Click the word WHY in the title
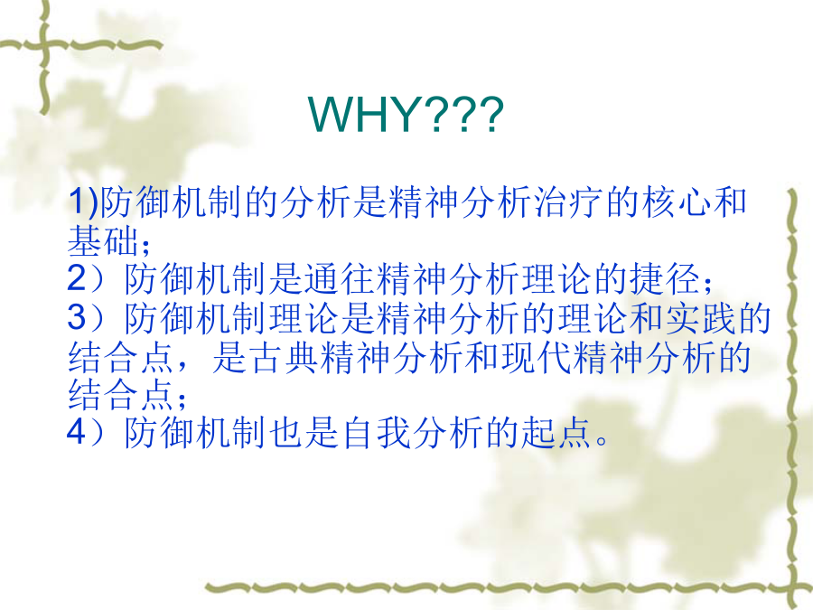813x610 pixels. [362, 114]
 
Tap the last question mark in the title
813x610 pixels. [491, 114]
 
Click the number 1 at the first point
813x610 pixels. [78, 202]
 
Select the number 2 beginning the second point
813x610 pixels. [78, 278]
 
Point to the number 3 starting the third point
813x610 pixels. [78, 317]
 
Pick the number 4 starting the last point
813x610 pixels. [77, 432]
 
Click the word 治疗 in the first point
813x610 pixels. [568, 202]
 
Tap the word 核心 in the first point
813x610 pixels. [675, 202]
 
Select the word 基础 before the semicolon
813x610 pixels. [103, 240]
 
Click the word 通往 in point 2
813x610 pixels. [339, 278]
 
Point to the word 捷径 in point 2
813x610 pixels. [664, 278]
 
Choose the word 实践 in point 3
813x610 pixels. [700, 317]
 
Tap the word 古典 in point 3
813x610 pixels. [283, 357]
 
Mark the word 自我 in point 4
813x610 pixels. [375, 432]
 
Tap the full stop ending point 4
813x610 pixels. [602, 441]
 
